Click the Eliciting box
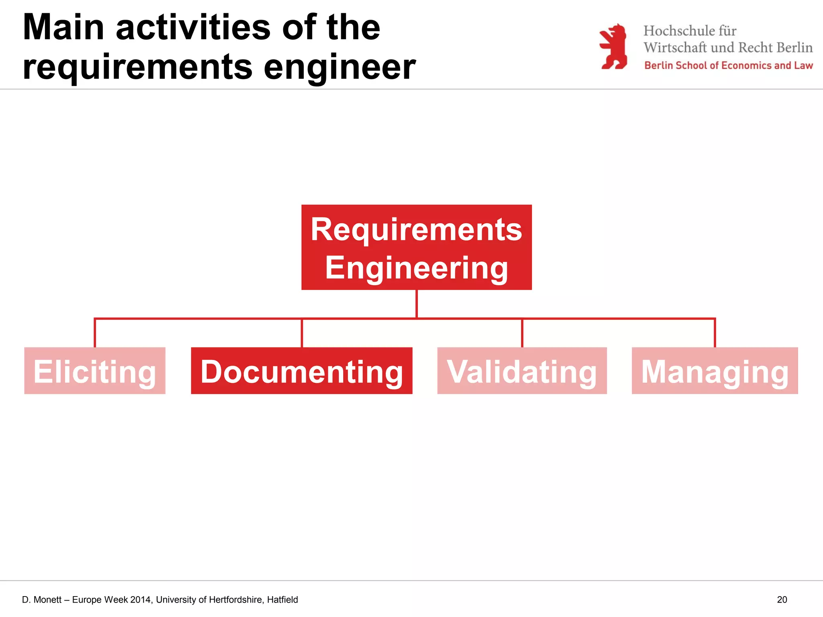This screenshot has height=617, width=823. click(x=95, y=370)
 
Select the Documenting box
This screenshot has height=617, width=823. click(x=301, y=370)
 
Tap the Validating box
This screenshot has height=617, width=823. click(x=522, y=370)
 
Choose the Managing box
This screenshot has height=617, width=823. click(x=714, y=370)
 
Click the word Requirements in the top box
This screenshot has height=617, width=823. click(x=416, y=229)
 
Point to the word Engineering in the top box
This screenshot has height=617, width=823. click(x=416, y=268)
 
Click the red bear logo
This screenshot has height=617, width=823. click(x=613, y=46)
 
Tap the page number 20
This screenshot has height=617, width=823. click(x=782, y=600)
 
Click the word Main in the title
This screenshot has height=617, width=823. click(x=63, y=28)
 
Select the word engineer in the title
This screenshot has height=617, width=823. click(x=340, y=67)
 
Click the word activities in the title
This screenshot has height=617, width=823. click(x=193, y=28)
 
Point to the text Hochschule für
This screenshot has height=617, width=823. click(x=690, y=31)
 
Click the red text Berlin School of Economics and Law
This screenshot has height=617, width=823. click(x=728, y=65)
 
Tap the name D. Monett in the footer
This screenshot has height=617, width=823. click(x=42, y=600)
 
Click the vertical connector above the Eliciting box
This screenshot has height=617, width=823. click(x=95, y=333)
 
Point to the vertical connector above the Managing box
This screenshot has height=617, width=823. click(x=714, y=333)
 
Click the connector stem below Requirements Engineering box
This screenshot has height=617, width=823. click(x=416, y=304)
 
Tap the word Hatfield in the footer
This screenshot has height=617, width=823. click(x=283, y=600)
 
